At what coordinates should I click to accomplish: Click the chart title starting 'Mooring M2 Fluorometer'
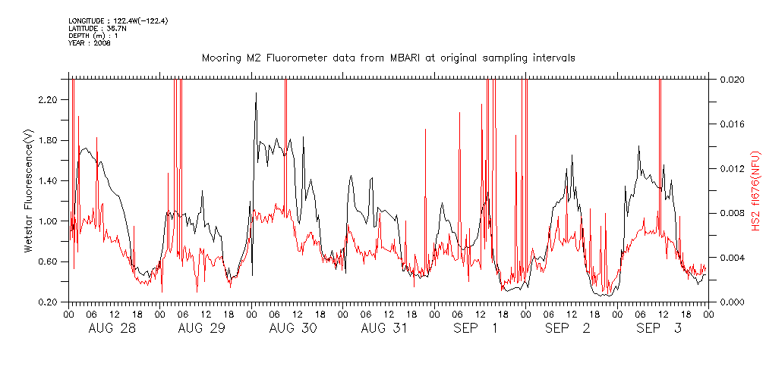[x=388, y=58]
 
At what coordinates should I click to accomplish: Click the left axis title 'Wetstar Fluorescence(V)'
[x=29, y=191]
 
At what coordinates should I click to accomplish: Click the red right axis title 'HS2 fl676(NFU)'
[x=756, y=190]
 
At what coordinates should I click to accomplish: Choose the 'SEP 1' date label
[x=476, y=328]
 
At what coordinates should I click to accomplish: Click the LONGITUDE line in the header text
[x=118, y=20]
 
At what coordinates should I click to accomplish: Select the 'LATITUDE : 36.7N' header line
[x=96, y=28]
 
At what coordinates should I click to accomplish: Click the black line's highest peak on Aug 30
[x=256, y=93]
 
